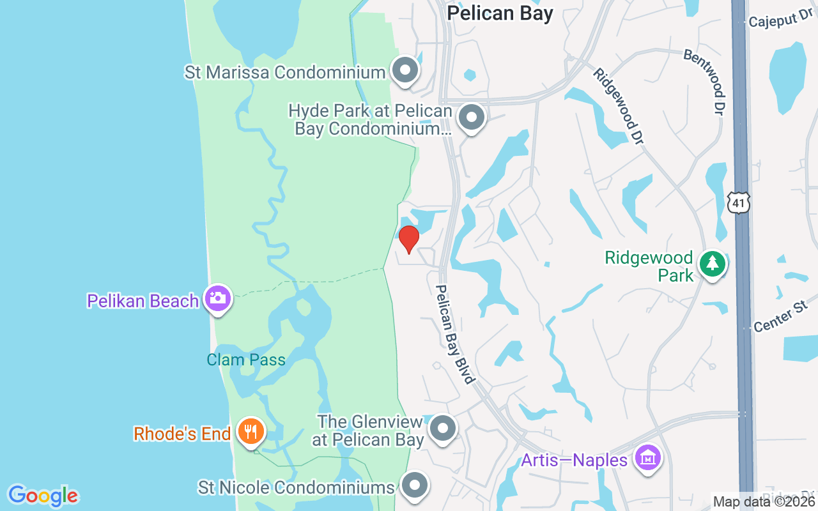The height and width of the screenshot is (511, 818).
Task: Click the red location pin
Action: coord(408,238)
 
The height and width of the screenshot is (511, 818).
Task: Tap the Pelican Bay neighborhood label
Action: coord(500,13)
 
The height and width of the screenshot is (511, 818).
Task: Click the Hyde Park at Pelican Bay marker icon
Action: coord(472,118)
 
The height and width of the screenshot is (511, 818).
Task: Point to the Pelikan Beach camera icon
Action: coord(218,298)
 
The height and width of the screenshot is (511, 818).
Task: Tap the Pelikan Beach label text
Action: coord(143,301)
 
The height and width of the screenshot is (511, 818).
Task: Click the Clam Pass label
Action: coord(246,360)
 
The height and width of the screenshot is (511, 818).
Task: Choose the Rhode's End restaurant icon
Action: coord(251,432)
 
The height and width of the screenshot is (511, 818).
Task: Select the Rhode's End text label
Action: coord(181,434)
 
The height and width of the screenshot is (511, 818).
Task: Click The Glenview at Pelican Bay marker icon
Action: coord(442,429)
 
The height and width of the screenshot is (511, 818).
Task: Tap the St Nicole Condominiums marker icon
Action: coord(415,485)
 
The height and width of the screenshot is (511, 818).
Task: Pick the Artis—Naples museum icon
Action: coord(647,458)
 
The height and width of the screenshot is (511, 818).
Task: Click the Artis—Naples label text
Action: coord(574,460)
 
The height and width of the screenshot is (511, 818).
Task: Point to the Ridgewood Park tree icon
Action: coord(712,263)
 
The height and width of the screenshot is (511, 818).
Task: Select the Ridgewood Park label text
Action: coord(649,266)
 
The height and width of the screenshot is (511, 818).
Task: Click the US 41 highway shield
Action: coord(738,203)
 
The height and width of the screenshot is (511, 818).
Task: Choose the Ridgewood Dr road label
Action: coord(617,107)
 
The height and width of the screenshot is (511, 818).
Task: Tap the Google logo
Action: coord(43,495)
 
